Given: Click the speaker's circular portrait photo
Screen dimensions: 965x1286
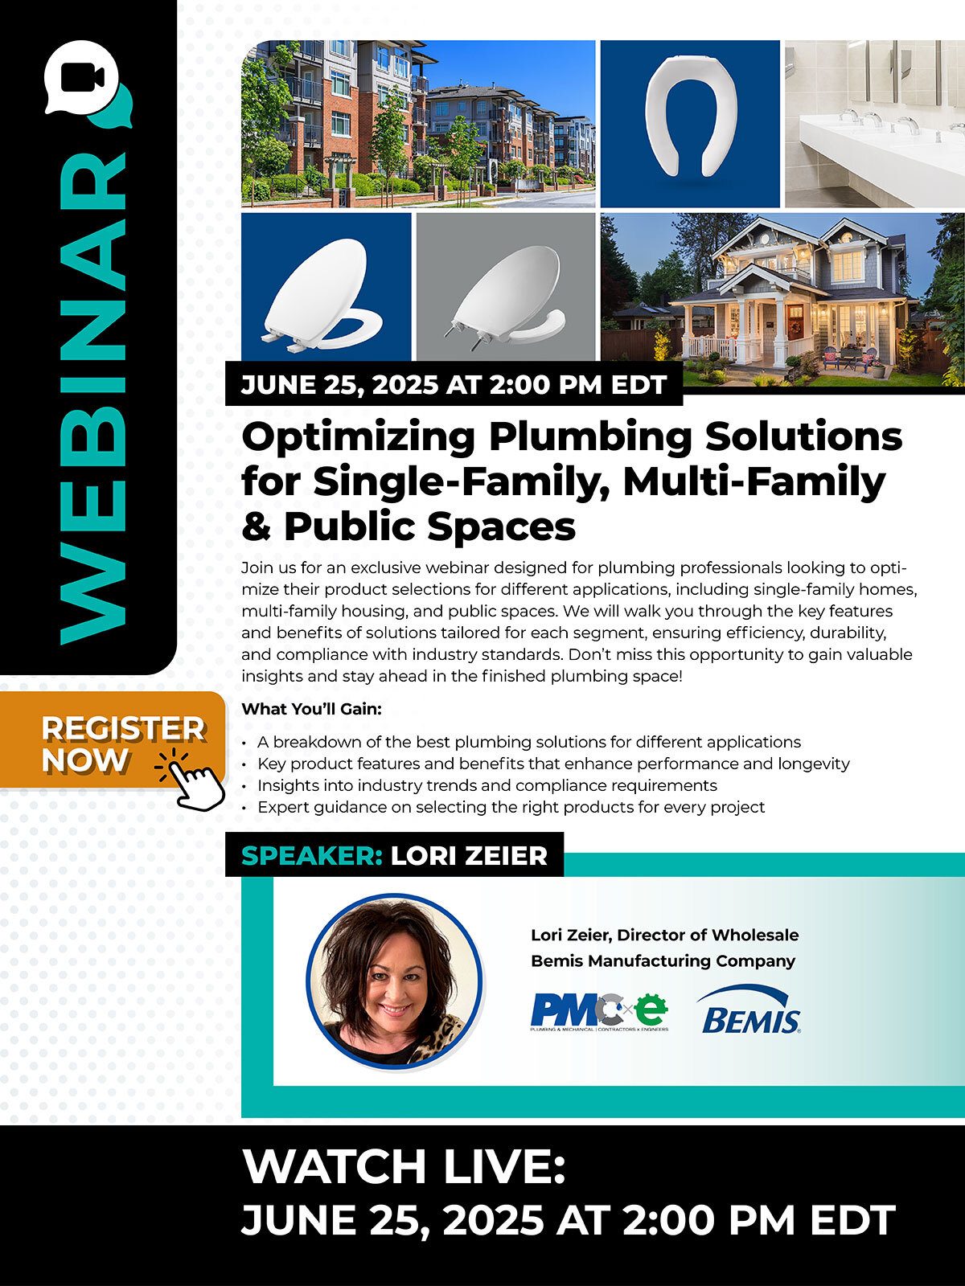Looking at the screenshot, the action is tap(394, 981).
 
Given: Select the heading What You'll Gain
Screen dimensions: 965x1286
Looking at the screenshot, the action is tap(312, 709).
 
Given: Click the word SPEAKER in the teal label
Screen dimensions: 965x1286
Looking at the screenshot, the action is tap(312, 856).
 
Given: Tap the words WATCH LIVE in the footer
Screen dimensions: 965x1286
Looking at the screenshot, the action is tap(404, 1167).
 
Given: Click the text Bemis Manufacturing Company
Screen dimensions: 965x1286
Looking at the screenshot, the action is tap(663, 960).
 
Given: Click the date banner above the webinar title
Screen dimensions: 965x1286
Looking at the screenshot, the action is tap(454, 384).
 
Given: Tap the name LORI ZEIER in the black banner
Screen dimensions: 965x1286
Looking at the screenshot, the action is tap(469, 856).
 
